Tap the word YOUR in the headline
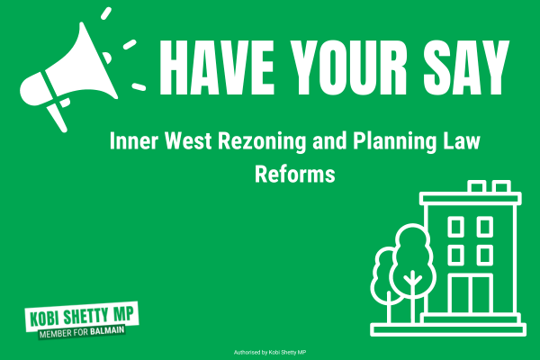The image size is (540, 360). pos(349,67)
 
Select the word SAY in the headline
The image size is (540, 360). pos(466,67)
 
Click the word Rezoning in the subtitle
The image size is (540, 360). pos(262,141)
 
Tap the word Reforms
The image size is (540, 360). pos(295,174)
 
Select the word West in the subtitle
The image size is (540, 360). pos(188,140)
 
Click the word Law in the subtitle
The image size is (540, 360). pos(462,140)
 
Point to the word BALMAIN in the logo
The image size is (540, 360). pos(107,330)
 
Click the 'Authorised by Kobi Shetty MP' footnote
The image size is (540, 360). pos(270,353)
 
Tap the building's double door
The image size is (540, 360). pos(471,294)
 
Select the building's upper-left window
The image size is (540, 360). pos(455,227)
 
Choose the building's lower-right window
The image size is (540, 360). pos(485,256)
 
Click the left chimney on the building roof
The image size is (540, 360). pos(477,187)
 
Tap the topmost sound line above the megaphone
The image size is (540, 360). pos(106,13)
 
